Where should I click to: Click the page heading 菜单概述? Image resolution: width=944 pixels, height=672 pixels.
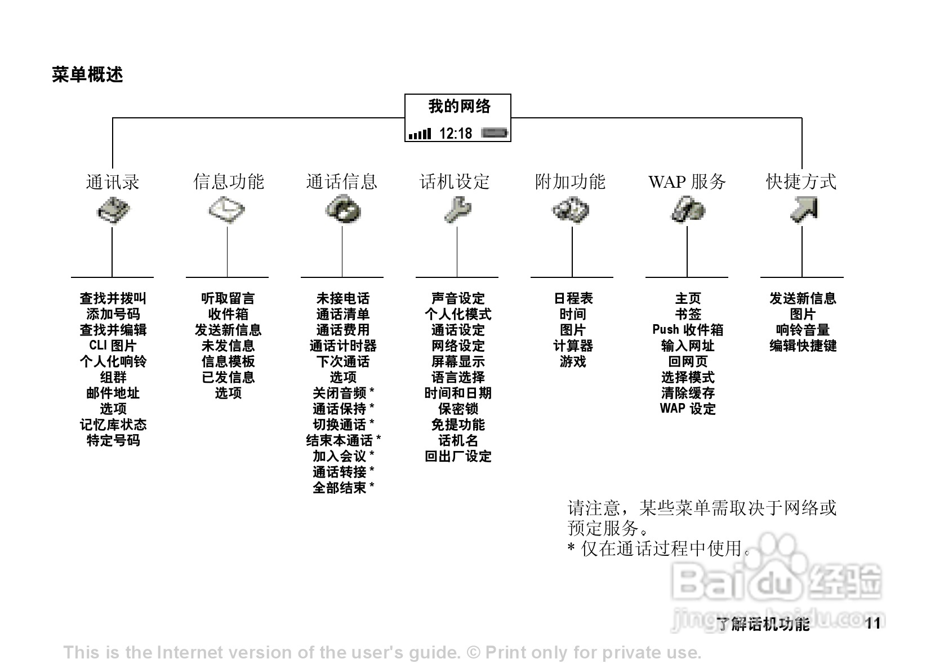click(87, 74)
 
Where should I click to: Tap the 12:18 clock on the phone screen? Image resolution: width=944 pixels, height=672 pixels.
click(455, 134)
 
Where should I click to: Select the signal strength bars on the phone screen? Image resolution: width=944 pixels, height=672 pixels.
click(420, 134)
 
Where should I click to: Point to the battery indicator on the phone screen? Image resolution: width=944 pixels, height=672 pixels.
click(495, 134)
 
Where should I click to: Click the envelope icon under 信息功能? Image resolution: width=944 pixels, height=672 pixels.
click(227, 211)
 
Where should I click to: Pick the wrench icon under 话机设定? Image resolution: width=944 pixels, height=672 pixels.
click(457, 210)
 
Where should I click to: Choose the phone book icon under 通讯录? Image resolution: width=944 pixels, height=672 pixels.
click(113, 211)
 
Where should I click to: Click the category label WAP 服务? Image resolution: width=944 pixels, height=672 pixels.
click(687, 182)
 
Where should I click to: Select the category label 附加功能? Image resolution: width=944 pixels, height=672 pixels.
click(570, 182)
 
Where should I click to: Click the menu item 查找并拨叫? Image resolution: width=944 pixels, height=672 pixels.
click(113, 298)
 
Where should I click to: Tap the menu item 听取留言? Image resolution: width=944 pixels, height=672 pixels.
click(228, 298)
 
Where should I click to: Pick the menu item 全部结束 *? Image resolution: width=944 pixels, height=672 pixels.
click(343, 488)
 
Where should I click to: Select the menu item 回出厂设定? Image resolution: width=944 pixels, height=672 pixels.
click(458, 456)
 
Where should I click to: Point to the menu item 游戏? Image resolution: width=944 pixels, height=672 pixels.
click(573, 361)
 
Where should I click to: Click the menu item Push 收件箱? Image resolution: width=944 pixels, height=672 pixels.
click(687, 330)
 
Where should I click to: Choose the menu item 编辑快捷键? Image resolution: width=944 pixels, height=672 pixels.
click(803, 346)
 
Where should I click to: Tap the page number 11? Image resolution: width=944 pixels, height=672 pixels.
click(872, 624)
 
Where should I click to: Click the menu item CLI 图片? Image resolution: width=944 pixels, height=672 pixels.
click(113, 346)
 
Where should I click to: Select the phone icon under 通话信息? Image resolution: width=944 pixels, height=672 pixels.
click(342, 210)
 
